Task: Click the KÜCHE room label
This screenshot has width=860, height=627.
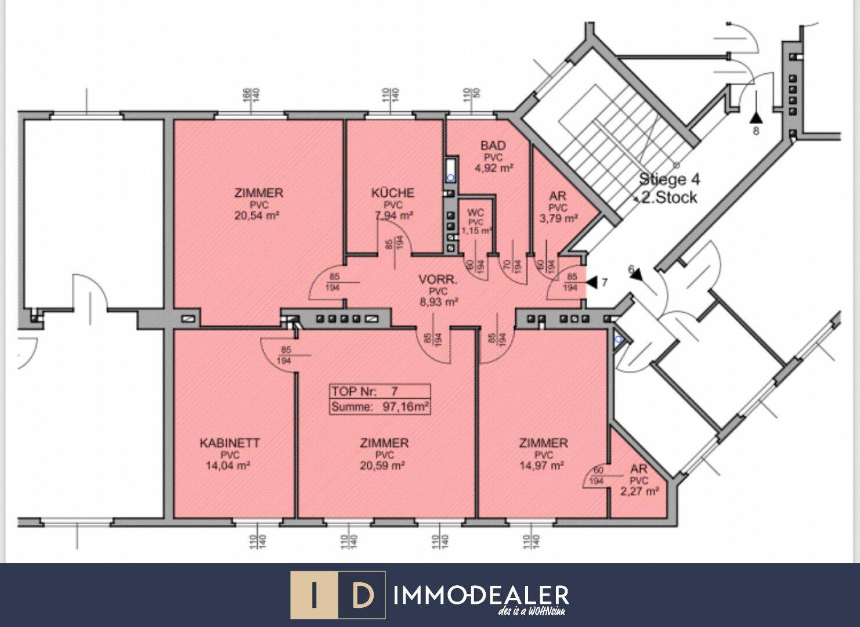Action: pos(393,193)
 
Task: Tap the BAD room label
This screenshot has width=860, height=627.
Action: pos(493,145)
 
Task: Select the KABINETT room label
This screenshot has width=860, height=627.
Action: pos(229,443)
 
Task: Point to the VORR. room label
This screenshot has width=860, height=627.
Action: pos(438,280)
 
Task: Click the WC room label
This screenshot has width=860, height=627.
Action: pos(475,213)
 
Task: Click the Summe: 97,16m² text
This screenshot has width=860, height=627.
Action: pos(380,407)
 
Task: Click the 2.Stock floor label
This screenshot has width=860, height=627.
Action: pos(669,197)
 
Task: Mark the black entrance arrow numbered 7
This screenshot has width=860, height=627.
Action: pos(591,283)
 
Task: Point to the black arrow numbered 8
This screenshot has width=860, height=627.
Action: pos(755,118)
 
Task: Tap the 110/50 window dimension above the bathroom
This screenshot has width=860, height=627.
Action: pos(470,96)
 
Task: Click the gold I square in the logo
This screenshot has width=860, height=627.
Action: pos(314,595)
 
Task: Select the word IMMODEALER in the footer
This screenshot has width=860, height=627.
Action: pos(481,595)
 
